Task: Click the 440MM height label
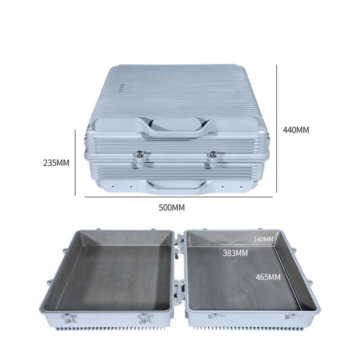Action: (296, 130)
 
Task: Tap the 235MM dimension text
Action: (56, 163)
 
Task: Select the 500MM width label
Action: (171, 207)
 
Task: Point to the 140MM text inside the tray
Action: (263, 238)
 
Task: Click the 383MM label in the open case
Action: (235, 253)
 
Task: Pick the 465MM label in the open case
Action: (268, 277)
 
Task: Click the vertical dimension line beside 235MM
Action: (75, 163)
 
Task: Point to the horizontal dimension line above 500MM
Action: (179, 197)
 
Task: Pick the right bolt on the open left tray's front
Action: (144, 320)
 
